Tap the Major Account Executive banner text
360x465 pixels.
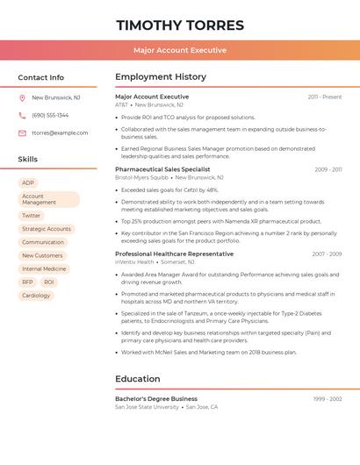pyautogui.click(x=180, y=50)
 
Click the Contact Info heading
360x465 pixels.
pyautogui.click(x=40, y=77)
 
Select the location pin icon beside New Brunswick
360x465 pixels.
pyautogui.click(x=22, y=98)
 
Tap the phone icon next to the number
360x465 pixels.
pyautogui.click(x=22, y=115)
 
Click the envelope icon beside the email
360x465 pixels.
pyautogui.click(x=22, y=133)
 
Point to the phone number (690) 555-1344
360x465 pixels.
pyautogui.click(x=50, y=115)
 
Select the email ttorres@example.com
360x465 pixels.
pyautogui.click(x=60, y=133)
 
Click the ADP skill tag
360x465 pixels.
pyautogui.click(x=28, y=182)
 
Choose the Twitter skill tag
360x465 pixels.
pyautogui.click(x=32, y=215)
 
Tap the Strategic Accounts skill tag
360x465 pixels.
pyautogui.click(x=47, y=229)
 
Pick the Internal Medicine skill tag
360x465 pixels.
pyautogui.click(x=44, y=268)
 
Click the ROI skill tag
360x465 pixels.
pyautogui.click(x=49, y=282)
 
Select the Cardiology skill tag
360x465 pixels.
pyautogui.click(x=36, y=296)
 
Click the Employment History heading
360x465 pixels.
pyautogui.click(x=161, y=77)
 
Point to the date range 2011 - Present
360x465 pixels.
pyautogui.click(x=324, y=97)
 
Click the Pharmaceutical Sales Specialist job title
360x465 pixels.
pyautogui.click(x=162, y=168)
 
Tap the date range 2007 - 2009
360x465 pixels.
pyautogui.click(x=327, y=254)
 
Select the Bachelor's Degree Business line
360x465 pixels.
pyautogui.click(x=156, y=398)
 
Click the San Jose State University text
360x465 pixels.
pyautogui.click(x=147, y=407)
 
